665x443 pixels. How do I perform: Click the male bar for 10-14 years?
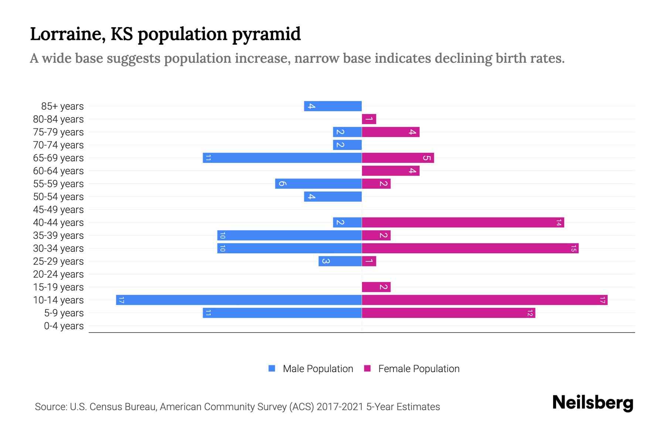[239, 300]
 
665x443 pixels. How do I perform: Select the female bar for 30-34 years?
[470, 248]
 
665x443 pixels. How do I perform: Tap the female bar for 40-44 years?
[463, 223]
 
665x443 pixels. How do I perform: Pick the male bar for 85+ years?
[332, 106]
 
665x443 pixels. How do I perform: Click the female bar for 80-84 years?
[369, 119]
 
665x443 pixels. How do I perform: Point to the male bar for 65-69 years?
[282, 158]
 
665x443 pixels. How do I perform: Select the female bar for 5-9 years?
[448, 313]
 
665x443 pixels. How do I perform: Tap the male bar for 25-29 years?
[340, 261]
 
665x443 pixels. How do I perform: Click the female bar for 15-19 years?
[376, 287]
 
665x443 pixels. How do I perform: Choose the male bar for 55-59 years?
[318, 184]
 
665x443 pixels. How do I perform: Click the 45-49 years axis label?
[58, 210]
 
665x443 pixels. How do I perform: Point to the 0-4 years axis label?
[64, 326]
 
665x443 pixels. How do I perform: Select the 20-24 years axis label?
[58, 274]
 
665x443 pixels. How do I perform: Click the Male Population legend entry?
[311, 369]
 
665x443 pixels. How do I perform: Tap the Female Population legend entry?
[412, 369]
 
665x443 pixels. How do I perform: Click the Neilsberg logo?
[593, 402]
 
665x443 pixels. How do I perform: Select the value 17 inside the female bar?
[602, 300]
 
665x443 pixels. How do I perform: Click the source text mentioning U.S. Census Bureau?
[237, 407]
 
